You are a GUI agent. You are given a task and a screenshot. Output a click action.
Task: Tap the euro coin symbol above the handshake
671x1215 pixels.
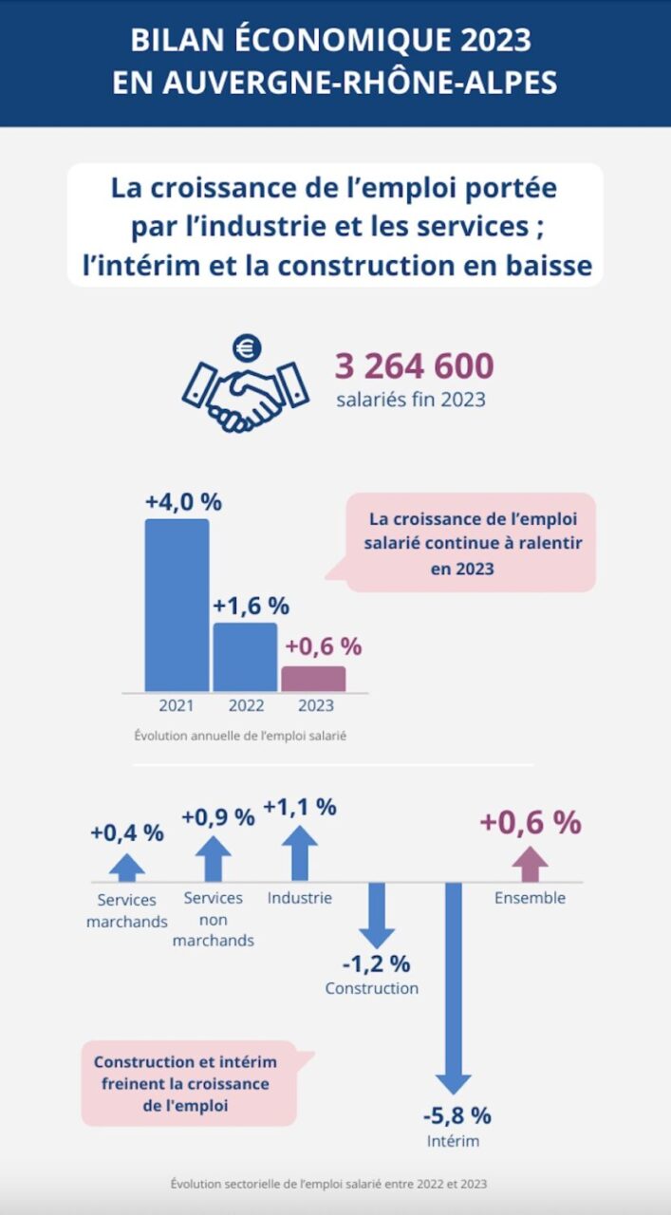247,348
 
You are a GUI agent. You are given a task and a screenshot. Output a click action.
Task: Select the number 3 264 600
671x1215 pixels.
414,365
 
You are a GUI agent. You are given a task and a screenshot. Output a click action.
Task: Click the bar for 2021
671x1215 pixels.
177,605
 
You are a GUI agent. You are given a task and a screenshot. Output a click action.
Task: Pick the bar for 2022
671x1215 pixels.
245,657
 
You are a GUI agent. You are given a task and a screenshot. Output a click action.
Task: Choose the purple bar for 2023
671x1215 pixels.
313,679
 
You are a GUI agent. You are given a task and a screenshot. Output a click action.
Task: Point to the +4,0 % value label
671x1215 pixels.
183,501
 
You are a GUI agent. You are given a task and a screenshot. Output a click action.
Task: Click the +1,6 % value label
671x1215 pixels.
251,606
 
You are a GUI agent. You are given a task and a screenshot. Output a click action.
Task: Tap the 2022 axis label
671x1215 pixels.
247,705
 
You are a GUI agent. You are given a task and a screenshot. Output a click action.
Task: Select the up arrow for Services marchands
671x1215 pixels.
127,867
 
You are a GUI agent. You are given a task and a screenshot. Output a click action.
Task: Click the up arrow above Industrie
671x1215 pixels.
300,852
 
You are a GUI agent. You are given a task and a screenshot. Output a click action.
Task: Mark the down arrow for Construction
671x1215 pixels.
377,914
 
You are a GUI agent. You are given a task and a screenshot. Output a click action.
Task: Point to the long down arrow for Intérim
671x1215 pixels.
453,987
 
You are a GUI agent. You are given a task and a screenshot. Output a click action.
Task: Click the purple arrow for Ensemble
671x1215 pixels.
530,863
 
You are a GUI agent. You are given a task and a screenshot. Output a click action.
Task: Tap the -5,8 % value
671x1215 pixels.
458,1115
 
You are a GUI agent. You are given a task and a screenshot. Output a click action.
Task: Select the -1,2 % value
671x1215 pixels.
377,963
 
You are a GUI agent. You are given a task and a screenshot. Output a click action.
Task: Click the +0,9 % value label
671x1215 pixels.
218,816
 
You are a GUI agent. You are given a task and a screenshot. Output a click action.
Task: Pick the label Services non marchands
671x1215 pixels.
214,919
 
